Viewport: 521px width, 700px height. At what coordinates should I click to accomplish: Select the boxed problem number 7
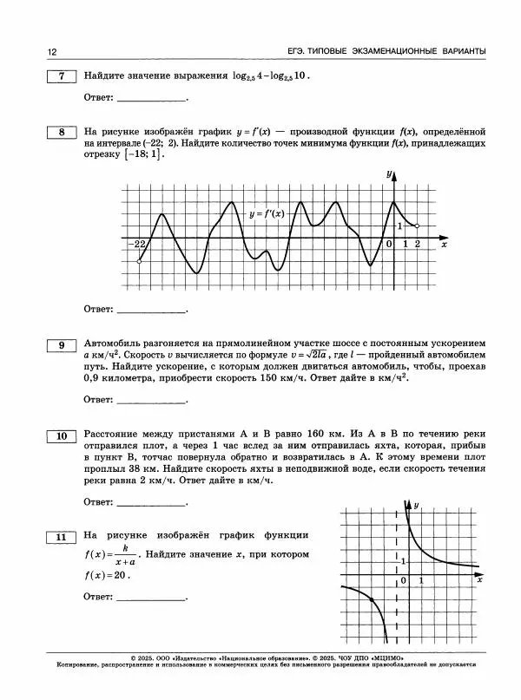click(61, 76)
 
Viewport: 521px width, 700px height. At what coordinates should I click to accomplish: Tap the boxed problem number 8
click(61, 133)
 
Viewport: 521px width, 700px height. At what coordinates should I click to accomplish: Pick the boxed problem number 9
click(61, 346)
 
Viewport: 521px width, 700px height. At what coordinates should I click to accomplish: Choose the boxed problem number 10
click(61, 435)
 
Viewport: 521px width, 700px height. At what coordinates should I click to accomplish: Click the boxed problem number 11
click(61, 539)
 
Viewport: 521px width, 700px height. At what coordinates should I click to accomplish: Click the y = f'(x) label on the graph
click(267, 213)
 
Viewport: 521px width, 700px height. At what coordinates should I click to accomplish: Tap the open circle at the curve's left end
click(139, 260)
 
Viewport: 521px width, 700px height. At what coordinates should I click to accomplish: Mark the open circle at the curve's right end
click(418, 226)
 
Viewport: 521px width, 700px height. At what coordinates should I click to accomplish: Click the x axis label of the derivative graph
click(444, 245)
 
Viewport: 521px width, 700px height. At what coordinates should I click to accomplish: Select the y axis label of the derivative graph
click(388, 175)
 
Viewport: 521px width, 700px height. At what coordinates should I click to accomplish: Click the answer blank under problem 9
click(151, 400)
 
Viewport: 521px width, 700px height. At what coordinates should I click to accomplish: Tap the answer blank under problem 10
click(151, 502)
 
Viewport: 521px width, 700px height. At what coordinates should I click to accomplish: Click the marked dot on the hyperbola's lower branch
click(372, 600)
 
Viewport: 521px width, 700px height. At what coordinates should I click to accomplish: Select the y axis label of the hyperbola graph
click(417, 505)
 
